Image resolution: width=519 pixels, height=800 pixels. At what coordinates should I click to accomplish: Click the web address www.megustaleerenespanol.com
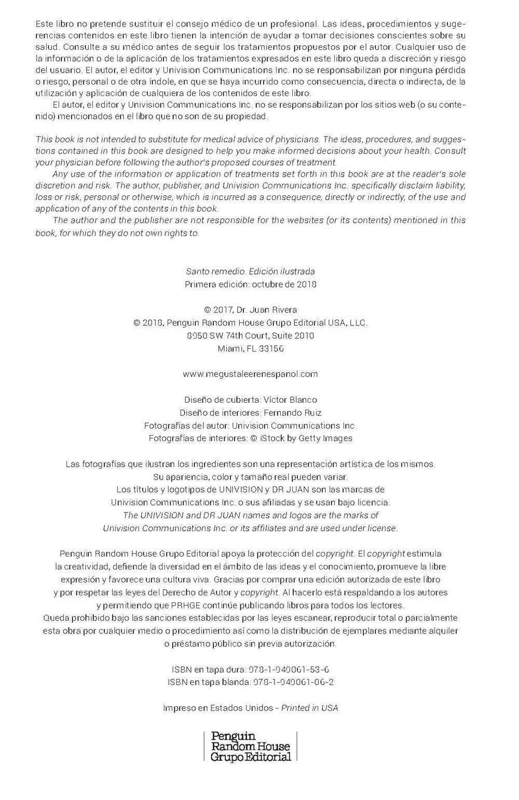(251, 374)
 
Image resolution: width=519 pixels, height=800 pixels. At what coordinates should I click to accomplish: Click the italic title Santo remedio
(215, 272)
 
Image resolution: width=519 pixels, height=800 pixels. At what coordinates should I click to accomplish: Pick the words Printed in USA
(309, 708)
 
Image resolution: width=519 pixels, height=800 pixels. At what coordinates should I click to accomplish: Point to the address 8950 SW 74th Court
(229, 336)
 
